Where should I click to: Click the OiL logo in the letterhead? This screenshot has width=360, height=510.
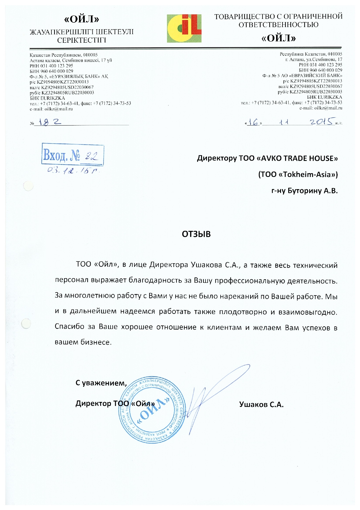point(184,28)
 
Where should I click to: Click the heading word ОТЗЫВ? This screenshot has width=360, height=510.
point(196,234)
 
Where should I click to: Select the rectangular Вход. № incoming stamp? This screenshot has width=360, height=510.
point(73,155)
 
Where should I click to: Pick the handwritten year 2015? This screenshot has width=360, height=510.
point(321,121)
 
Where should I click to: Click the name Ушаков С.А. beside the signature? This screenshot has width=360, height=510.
point(261,405)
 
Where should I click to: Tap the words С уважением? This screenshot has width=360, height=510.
point(101,383)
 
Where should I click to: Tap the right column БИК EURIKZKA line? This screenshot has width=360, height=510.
point(325,97)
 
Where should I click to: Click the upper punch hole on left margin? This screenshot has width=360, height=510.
point(28,186)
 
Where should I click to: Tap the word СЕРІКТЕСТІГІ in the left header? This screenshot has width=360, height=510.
point(82,40)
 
